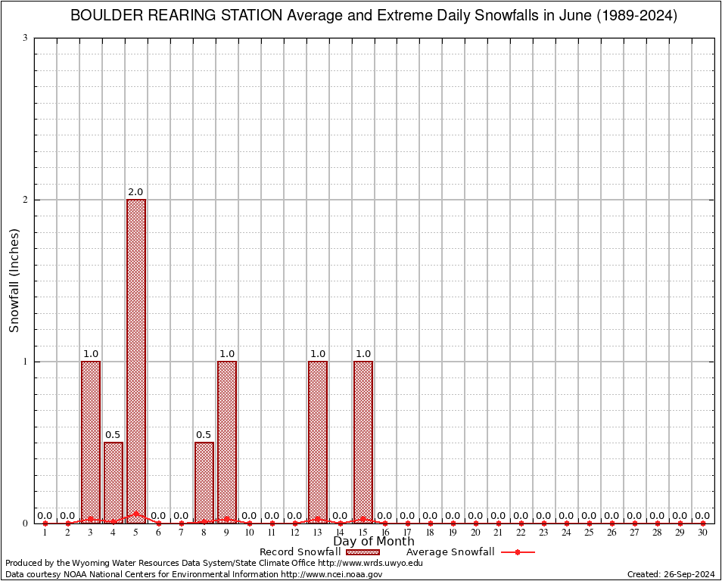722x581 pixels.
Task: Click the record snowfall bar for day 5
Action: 136,361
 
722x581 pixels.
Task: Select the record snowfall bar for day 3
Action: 91,442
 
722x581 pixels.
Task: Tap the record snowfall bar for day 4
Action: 114,482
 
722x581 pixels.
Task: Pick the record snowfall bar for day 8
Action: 204,482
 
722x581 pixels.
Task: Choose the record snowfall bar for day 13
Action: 318,442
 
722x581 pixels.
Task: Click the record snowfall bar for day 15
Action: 363,442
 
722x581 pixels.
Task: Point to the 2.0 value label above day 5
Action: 136,192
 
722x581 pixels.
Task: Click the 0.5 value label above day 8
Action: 204,435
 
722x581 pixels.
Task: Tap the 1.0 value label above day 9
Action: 227,354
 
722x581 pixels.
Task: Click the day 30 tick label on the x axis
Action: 703,533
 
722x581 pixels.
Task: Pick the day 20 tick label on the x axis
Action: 476,533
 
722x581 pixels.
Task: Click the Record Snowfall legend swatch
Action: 363,552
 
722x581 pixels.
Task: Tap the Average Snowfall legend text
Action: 450,552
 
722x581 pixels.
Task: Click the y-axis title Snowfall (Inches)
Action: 14,281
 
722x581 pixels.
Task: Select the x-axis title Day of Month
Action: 374,542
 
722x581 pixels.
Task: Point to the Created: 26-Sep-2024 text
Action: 671,574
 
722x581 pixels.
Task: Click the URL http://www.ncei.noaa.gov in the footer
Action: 331,574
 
